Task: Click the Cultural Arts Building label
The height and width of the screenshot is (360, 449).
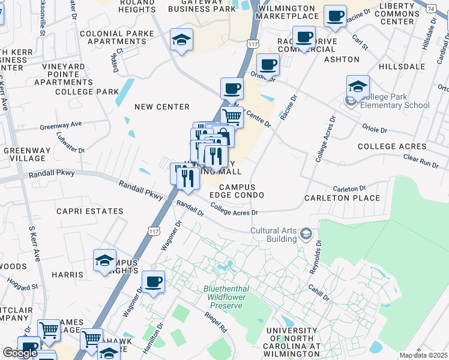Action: pyautogui.click(x=274, y=235)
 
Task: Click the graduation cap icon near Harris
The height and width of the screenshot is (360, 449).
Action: pyautogui.click(x=104, y=261)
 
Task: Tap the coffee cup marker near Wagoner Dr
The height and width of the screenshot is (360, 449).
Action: pyautogui.click(x=153, y=281)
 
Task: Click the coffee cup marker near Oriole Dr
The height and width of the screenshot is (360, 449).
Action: pyautogui.click(x=268, y=64)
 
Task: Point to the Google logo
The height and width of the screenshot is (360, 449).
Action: pyautogui.click(x=20, y=352)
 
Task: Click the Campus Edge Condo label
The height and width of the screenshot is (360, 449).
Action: pyautogui.click(x=237, y=191)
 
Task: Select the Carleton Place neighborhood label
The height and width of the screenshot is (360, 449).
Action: pyautogui.click(x=342, y=198)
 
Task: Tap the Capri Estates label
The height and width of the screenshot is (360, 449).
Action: pyautogui.click(x=90, y=211)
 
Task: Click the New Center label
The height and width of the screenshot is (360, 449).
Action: pyautogui.click(x=162, y=107)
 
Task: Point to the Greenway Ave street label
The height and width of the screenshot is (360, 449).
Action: pyautogui.click(x=61, y=125)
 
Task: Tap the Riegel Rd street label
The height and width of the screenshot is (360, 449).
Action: pyautogui.click(x=215, y=323)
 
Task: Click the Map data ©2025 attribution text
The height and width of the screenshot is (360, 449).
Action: pyautogui.click(x=423, y=355)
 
